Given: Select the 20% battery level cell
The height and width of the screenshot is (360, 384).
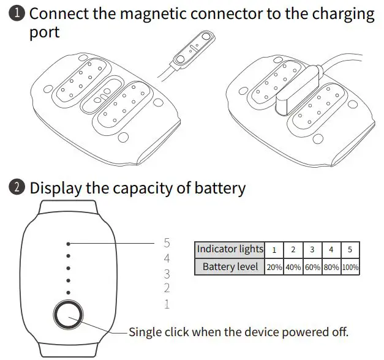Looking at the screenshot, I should coord(274,268).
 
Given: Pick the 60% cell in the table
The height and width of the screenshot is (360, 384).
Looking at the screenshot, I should coord(312,268).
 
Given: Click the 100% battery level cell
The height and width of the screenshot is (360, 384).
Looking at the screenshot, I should coord(350,268).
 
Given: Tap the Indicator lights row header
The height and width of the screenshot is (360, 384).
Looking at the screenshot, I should coord(230,250).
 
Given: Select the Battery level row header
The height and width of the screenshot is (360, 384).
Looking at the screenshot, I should coord(230,268).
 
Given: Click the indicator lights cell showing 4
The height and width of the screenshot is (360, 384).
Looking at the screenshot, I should coord(331,250).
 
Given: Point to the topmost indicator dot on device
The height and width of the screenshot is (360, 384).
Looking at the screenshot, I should coord(69,243).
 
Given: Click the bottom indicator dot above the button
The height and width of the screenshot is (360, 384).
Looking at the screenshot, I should coord(69,293).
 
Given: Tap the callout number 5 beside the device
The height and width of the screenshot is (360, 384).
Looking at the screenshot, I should coord(167,243).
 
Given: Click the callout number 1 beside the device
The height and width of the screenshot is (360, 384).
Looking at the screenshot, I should coord(167,304).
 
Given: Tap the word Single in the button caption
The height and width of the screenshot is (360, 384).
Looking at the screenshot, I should coord(145,332).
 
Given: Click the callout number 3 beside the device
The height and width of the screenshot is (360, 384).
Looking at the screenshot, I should coord(167,274).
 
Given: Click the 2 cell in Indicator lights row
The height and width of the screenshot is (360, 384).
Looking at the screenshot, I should coord(293,250).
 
